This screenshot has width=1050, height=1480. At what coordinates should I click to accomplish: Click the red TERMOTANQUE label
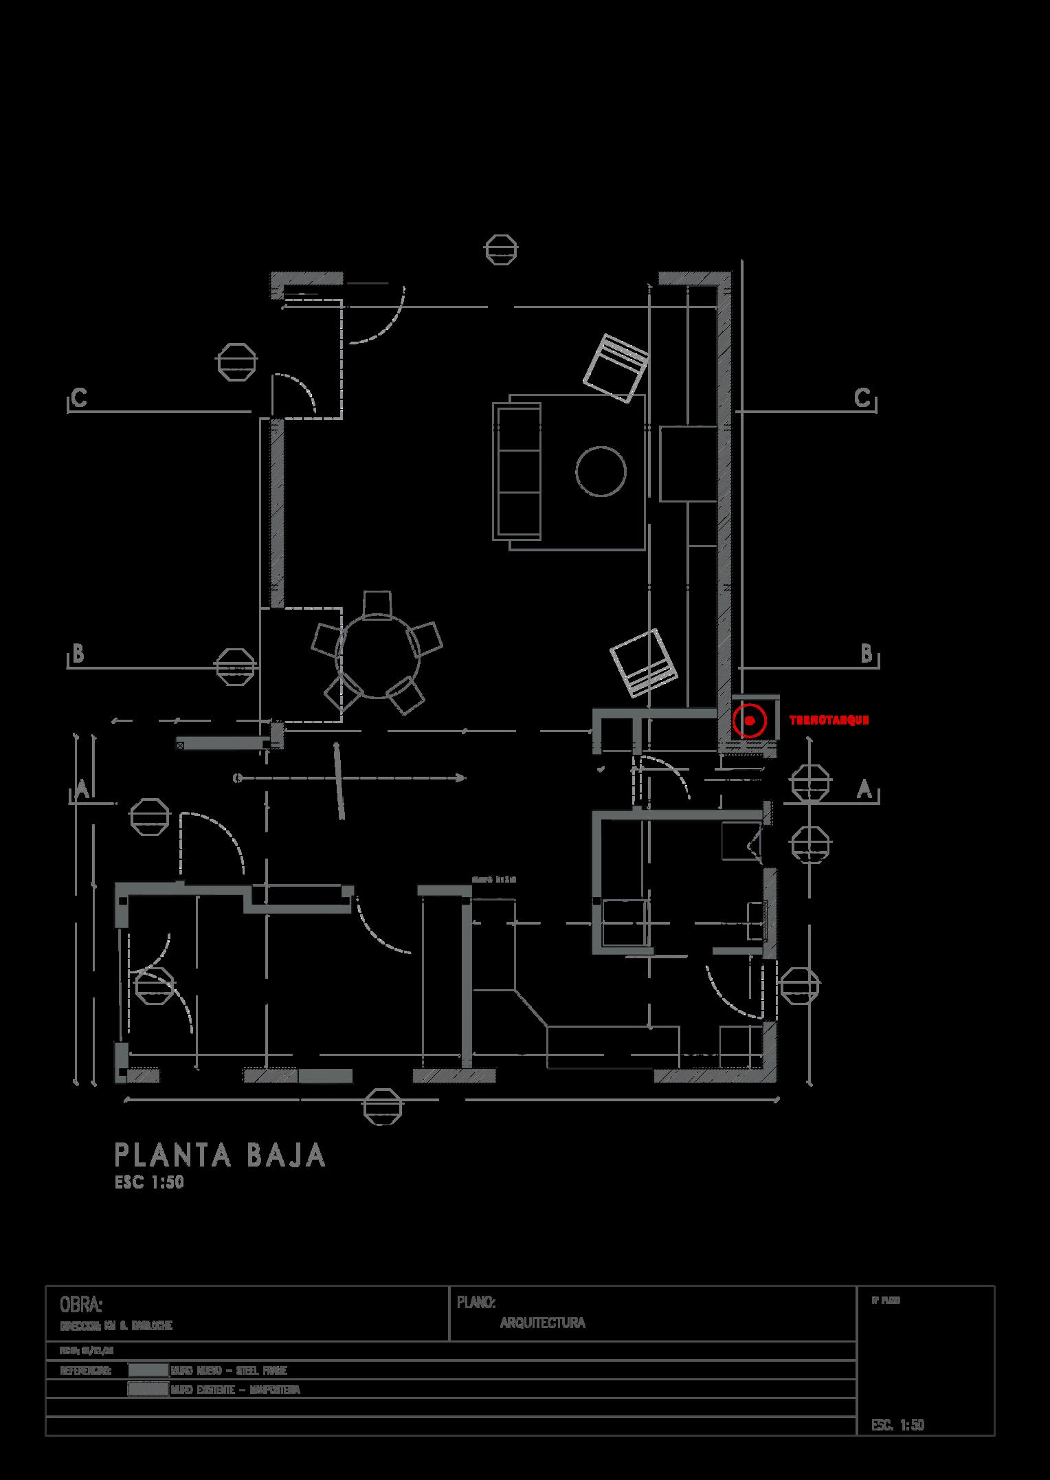click(829, 720)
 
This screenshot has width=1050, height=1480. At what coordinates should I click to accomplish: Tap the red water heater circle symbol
click(750, 720)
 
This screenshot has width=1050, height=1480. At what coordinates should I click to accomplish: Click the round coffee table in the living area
click(601, 471)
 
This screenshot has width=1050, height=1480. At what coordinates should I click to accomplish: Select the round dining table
click(378, 656)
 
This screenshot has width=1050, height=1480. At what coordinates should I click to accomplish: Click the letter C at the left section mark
click(79, 398)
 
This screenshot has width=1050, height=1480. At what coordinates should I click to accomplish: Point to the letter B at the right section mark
click(867, 653)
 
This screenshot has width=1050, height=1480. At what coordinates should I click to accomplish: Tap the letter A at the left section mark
click(82, 790)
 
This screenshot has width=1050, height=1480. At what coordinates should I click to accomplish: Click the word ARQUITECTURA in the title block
click(542, 1323)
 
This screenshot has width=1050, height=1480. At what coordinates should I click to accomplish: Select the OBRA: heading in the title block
click(81, 1304)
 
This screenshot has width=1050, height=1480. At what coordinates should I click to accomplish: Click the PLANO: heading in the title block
click(476, 1303)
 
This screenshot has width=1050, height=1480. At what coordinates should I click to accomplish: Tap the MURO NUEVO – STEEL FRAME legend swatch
click(148, 1370)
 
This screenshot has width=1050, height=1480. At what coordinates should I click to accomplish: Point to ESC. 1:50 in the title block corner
click(897, 1425)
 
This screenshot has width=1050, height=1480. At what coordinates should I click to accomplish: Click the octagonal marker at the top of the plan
click(501, 249)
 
